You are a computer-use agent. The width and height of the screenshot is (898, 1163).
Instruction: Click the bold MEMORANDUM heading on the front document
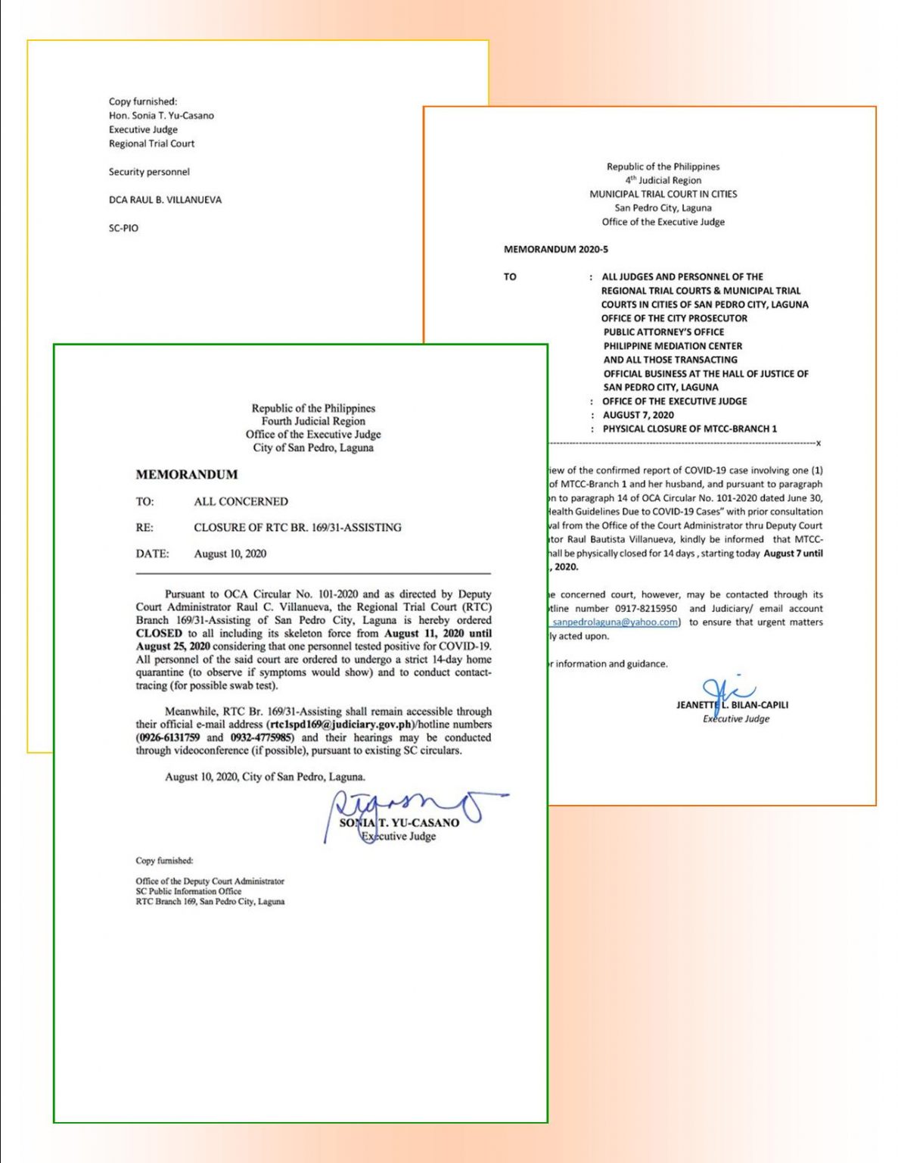click(186, 475)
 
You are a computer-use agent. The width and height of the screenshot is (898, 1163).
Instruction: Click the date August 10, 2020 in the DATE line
click(230, 553)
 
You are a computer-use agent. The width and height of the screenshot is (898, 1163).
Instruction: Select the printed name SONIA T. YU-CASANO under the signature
click(399, 822)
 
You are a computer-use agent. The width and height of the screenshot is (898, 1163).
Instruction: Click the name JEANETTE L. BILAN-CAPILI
click(732, 705)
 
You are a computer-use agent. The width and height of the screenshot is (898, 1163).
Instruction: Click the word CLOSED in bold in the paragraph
click(159, 633)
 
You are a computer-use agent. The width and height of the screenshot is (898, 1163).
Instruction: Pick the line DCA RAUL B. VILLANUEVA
click(165, 200)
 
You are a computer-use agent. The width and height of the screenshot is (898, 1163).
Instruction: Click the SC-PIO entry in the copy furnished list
click(123, 228)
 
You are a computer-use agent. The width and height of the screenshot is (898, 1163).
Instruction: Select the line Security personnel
click(149, 172)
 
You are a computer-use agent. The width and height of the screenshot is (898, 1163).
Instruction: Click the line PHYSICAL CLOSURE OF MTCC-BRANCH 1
click(689, 429)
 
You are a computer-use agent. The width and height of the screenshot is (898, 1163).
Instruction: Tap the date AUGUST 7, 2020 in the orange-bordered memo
click(638, 415)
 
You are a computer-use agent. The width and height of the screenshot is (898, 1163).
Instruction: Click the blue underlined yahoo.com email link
click(614, 622)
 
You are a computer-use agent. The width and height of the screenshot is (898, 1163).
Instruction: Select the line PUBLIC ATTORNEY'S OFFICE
click(663, 332)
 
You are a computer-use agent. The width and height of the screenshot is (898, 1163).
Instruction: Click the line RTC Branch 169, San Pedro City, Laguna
click(210, 902)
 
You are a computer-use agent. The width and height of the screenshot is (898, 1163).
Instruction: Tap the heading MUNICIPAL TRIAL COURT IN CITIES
click(663, 194)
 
